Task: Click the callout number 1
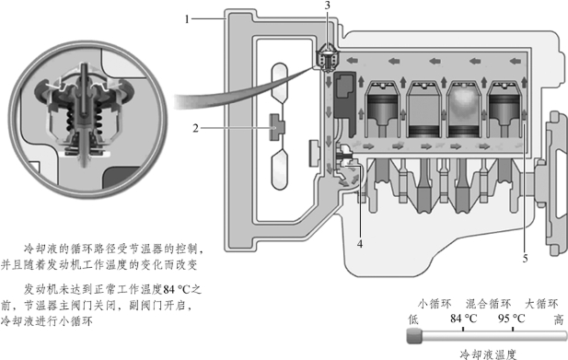coord(187,18)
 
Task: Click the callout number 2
coord(195,128)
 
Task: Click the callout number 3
coord(328,6)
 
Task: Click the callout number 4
coord(360,244)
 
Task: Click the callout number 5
coord(525,259)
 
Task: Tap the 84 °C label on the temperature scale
coord(463,319)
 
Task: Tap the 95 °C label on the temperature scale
coord(512,319)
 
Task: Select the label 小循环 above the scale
coord(435,304)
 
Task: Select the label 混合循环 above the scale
coord(488,304)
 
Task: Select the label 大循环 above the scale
coord(541,304)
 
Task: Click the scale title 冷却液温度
coord(488,354)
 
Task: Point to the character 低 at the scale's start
coord(413,319)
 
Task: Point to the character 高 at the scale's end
coord(559,319)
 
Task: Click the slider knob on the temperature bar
coord(414,335)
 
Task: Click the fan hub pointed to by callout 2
coord(277,127)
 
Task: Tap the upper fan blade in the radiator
coord(279,83)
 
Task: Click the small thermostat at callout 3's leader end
coord(328,57)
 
